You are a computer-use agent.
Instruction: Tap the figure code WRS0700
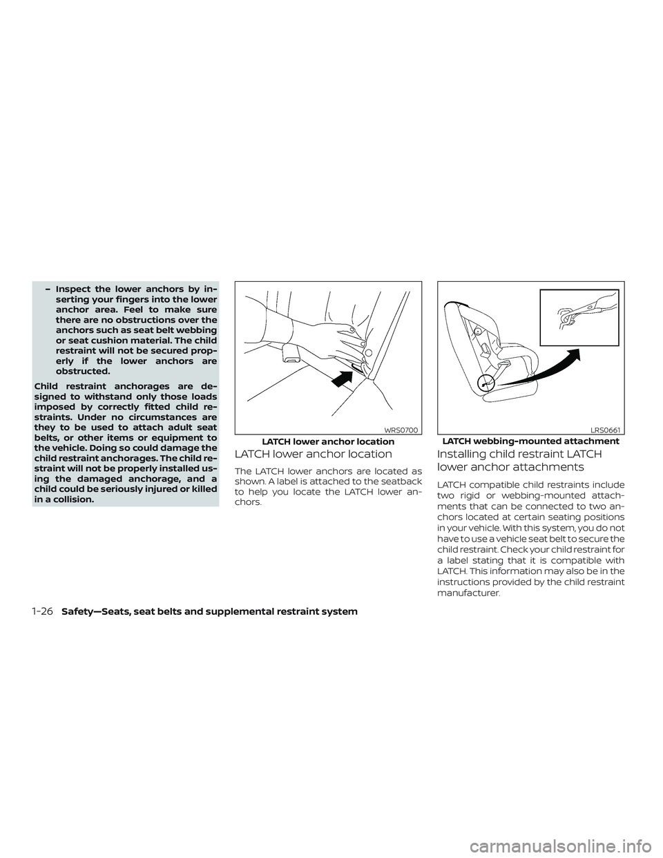point(401,430)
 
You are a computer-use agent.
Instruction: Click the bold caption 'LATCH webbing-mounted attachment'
point(530,441)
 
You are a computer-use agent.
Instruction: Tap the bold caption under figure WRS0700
point(328,441)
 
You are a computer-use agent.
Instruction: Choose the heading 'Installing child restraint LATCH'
point(519,455)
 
